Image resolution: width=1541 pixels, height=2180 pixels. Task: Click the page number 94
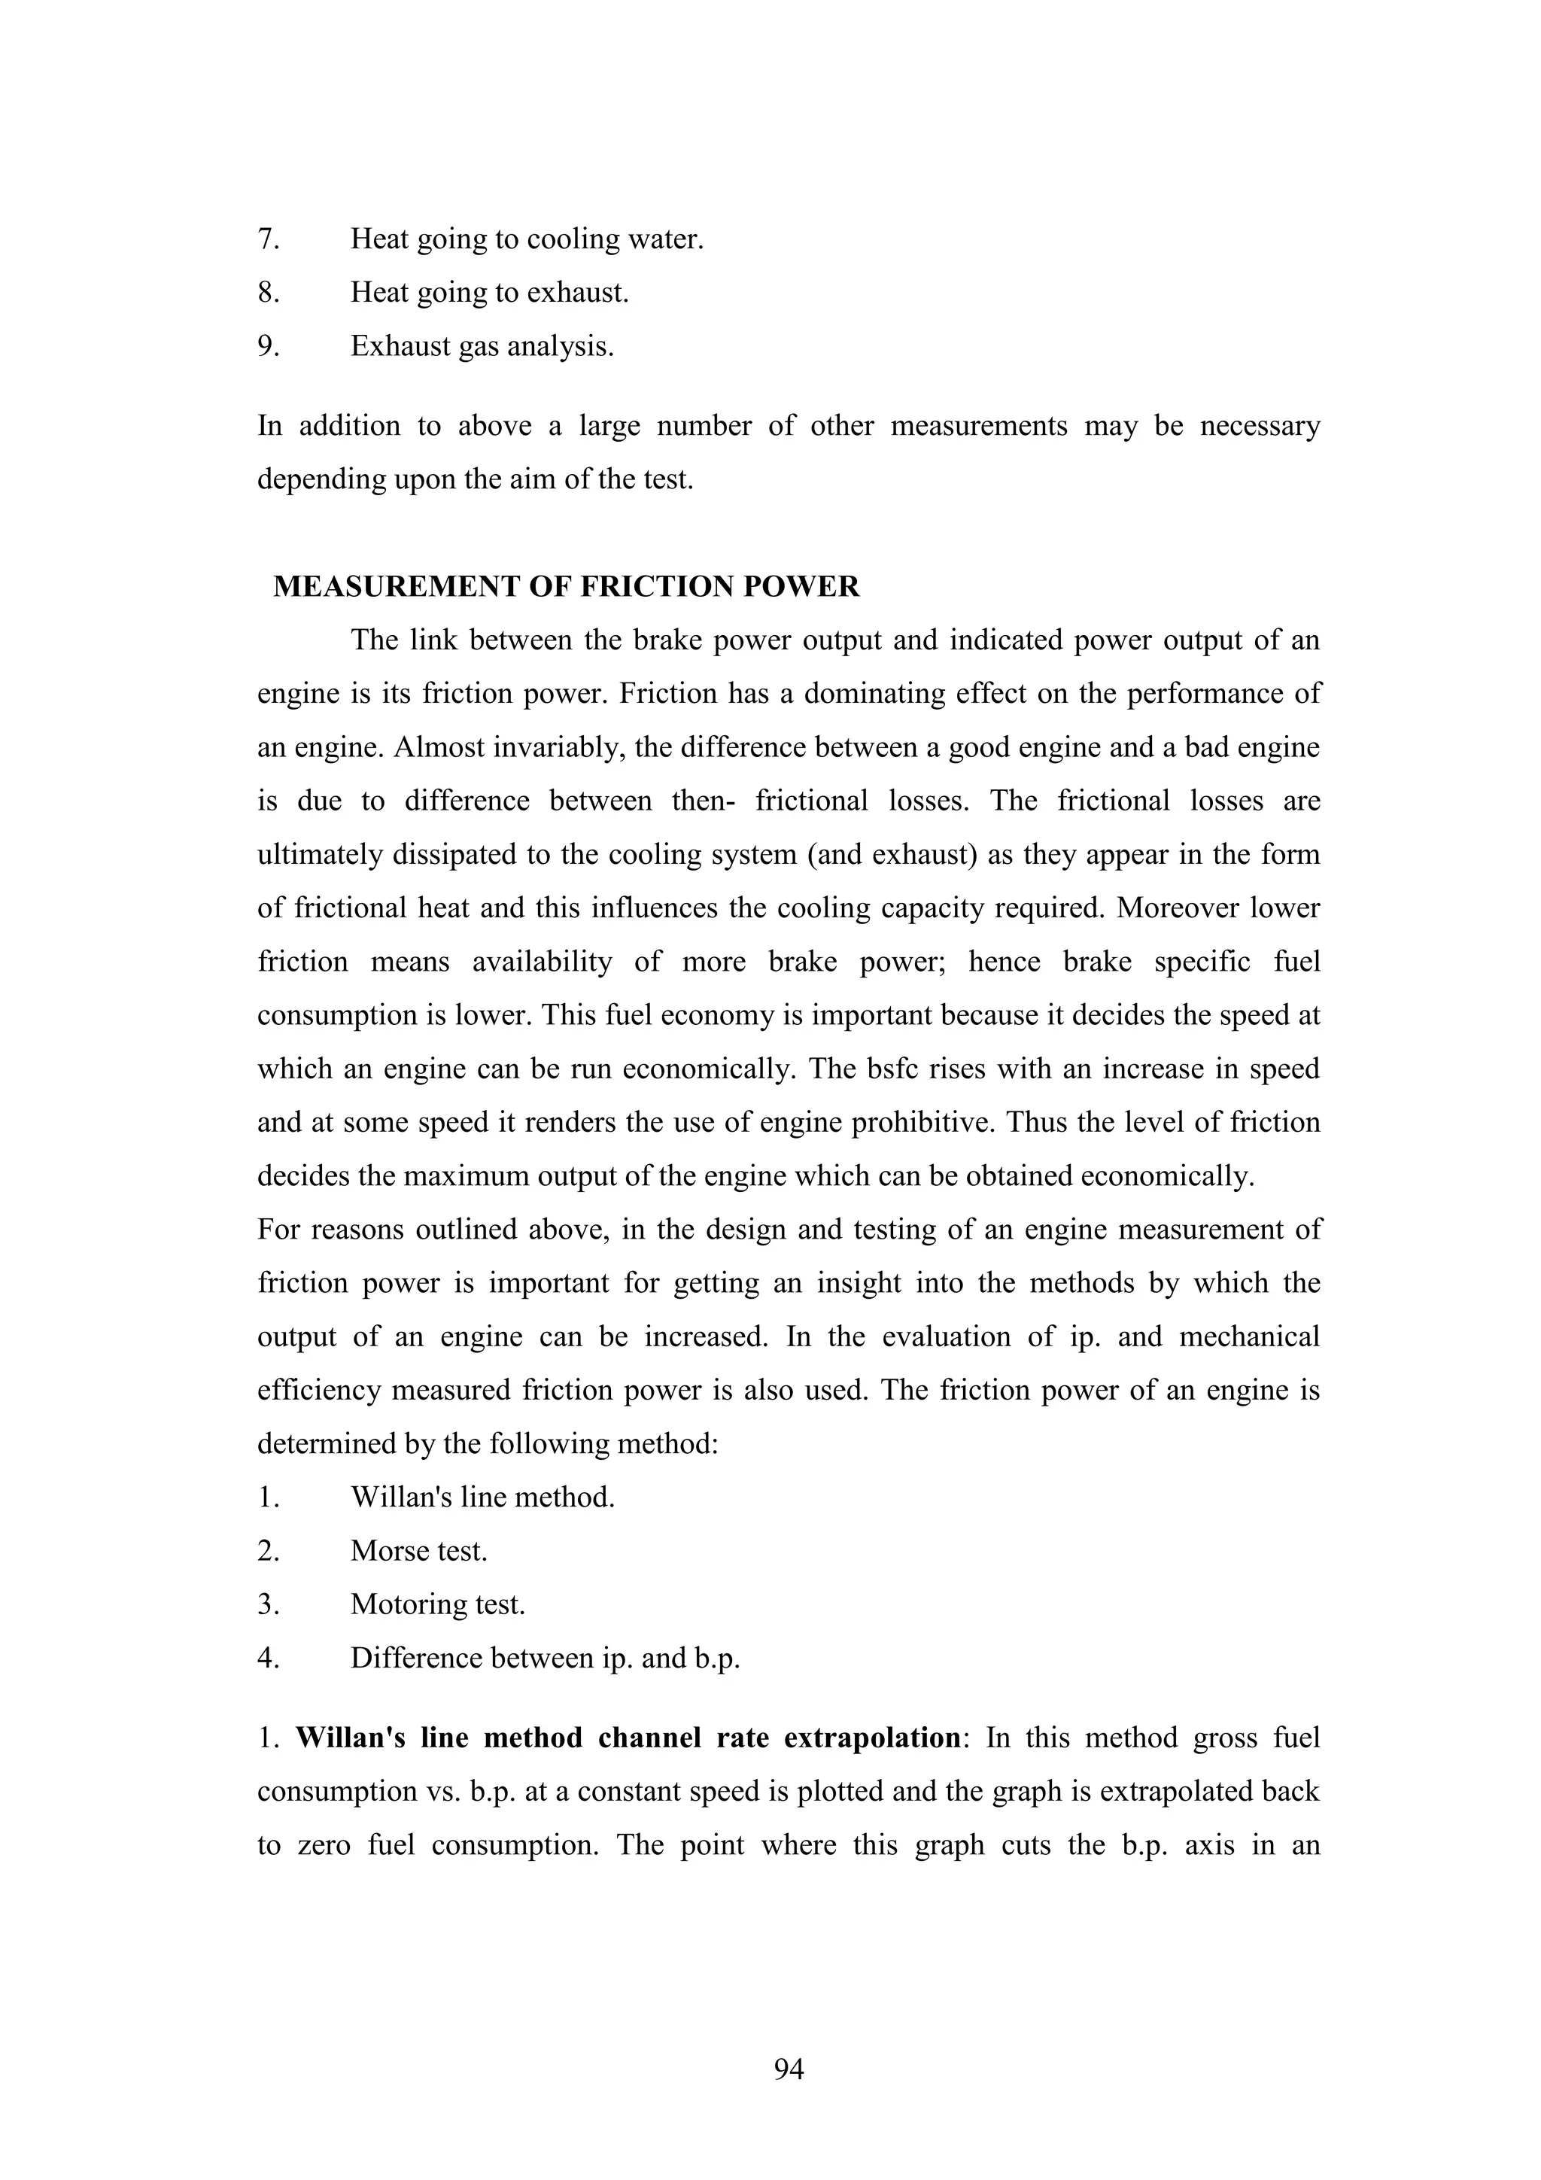click(x=789, y=2069)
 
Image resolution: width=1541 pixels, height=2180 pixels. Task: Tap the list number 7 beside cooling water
click(x=268, y=239)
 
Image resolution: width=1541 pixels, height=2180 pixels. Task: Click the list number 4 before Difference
click(x=268, y=1659)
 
